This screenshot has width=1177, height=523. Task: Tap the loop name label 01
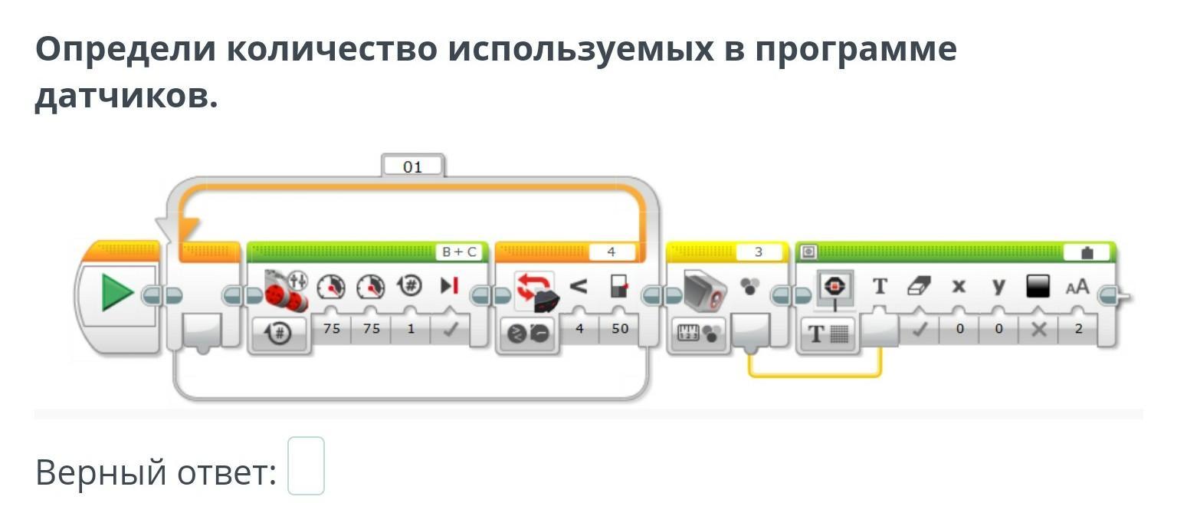412,166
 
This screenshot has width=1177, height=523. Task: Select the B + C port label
461,252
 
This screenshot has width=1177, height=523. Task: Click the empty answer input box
306,465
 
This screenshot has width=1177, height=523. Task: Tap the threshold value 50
620,329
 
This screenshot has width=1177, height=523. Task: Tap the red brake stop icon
450,286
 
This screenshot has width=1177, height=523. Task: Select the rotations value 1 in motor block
411,329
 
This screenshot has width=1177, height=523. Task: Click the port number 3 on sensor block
759,252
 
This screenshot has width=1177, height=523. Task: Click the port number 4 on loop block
611,252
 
